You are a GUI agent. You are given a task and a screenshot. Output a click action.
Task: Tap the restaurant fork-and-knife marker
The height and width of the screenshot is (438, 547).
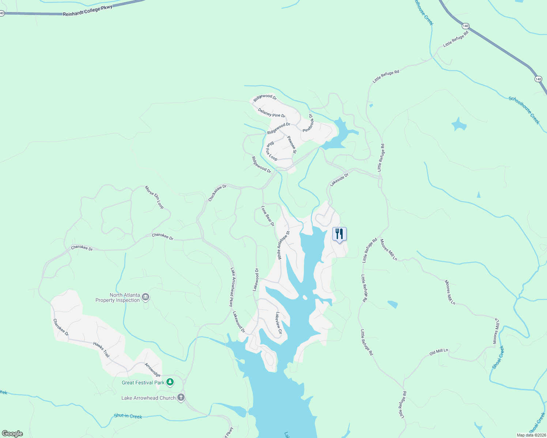[339, 234]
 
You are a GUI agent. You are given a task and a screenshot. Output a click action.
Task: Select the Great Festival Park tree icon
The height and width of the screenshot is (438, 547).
[170, 382]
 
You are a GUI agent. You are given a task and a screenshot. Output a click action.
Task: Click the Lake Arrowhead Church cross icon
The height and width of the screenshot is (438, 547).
[181, 397]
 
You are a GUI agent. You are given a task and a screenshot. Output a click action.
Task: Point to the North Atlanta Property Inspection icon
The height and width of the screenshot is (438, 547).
[146, 297]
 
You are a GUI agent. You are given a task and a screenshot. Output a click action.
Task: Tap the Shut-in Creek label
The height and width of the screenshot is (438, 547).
[128, 416]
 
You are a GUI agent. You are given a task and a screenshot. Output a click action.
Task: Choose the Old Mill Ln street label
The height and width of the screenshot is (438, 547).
[438, 352]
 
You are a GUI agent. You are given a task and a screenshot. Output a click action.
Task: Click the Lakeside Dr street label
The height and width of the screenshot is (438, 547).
[339, 180]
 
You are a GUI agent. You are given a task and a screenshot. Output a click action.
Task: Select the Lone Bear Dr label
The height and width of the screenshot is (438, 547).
[268, 216]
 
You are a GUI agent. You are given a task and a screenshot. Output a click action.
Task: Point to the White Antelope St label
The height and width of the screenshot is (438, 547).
[283, 245]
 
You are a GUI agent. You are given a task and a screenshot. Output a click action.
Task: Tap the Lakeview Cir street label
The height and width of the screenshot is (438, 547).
[279, 323]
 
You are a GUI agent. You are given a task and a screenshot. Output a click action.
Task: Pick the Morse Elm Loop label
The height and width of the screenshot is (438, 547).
[154, 197]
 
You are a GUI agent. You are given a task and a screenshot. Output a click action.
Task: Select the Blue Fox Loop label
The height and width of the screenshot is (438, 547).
[271, 151]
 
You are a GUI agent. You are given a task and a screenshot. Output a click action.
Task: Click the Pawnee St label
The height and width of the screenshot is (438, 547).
[292, 145]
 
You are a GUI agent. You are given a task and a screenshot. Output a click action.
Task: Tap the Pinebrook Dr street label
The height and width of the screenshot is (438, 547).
[308, 123]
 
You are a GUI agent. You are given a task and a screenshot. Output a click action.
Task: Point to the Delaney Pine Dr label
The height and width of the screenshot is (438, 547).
[271, 113]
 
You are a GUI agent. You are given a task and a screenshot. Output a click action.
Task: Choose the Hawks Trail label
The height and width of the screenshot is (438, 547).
[101, 350]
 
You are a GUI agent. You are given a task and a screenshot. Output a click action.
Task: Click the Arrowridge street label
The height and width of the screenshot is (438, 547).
[152, 370]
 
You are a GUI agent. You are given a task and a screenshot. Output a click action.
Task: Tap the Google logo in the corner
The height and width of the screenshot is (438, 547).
[12, 434]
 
